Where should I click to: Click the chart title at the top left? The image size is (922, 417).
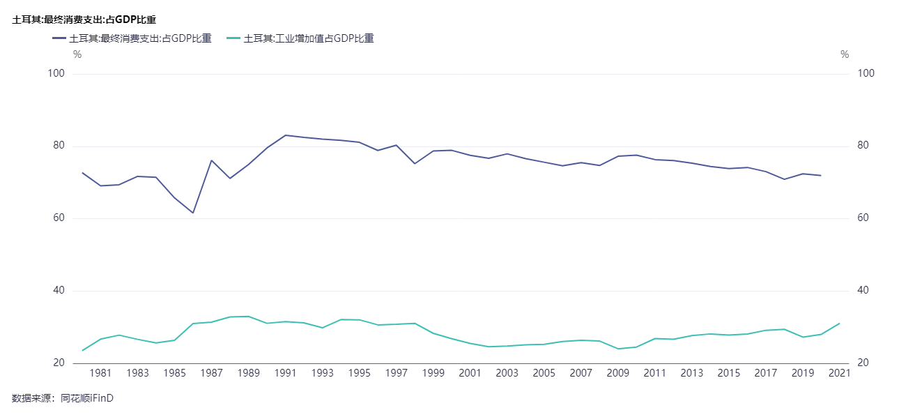tap(84, 20)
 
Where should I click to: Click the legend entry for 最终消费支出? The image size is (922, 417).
tap(132, 39)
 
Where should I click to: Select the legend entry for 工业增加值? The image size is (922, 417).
tap(300, 39)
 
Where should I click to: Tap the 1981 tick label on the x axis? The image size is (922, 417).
tap(101, 374)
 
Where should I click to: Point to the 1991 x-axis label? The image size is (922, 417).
tap(286, 374)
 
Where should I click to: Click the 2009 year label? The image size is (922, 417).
tap(618, 374)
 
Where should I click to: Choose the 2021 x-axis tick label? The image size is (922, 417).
tap(840, 374)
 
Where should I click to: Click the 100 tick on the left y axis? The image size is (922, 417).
tap(56, 74)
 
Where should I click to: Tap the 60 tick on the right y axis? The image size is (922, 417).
tap(865, 218)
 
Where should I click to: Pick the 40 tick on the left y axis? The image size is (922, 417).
tap(58, 291)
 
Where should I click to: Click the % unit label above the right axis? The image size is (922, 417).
tap(845, 54)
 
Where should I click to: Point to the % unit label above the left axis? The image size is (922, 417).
tap(77, 54)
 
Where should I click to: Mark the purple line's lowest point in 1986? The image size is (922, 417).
tap(193, 213)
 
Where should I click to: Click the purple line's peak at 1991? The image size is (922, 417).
tap(286, 135)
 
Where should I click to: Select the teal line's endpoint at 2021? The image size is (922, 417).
tap(840, 324)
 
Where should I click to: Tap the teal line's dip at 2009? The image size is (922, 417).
tap(618, 349)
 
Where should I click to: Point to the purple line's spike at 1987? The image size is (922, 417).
tap(211, 160)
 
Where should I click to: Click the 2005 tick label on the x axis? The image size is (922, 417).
tap(544, 374)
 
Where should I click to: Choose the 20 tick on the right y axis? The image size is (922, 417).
tap(865, 363)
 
